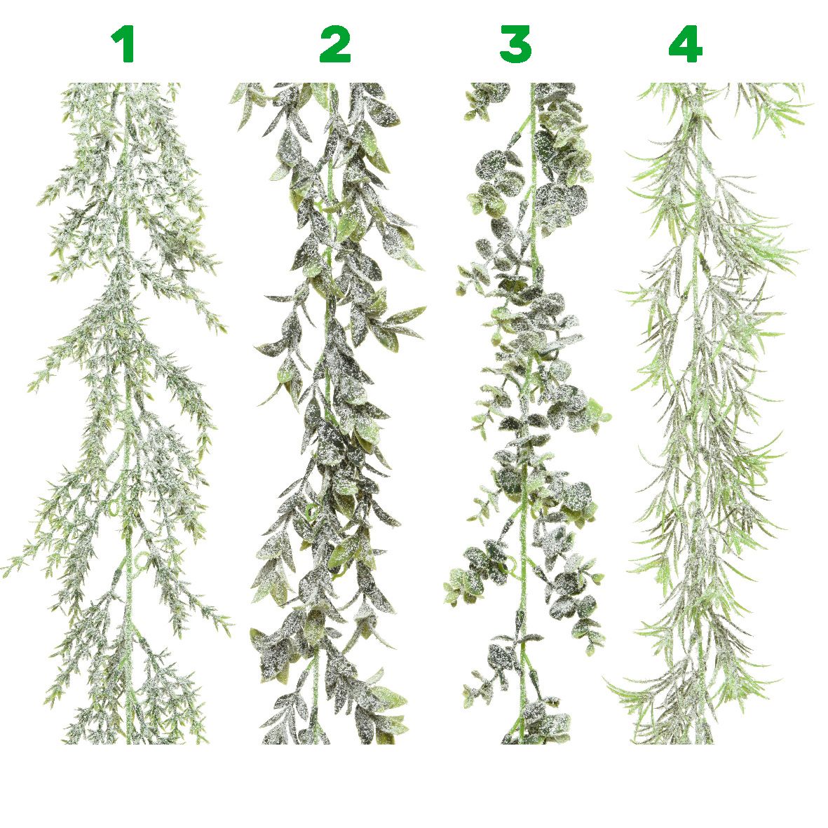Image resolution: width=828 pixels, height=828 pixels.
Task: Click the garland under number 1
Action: coord(127,412)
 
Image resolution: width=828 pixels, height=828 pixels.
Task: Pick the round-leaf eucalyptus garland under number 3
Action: coord(528,412)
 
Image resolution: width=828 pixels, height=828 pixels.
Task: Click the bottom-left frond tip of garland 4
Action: coord(606,683)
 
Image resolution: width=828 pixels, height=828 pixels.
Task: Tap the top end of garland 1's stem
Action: coord(127,85)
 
